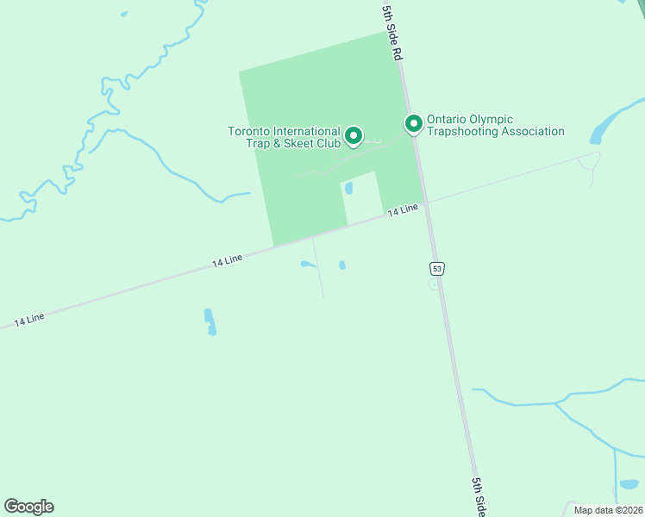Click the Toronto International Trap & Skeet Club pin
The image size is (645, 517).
coord(353,135)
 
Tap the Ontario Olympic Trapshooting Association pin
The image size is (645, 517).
coord(414,124)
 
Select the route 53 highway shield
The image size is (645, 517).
coord(438,269)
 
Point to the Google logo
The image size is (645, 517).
coord(28,507)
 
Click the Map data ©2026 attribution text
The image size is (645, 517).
coord(608,510)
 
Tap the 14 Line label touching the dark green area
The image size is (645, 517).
coord(402,209)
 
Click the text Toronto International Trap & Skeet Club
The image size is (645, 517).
coord(284,136)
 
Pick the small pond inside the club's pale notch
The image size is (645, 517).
coord(349,187)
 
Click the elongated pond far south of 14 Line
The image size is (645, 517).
coord(210,321)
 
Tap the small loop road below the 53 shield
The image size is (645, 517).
coord(434,284)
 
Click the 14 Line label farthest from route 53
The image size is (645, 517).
coord(29,320)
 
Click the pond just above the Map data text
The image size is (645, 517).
coord(628,484)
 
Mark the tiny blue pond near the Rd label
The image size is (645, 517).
coord(124,14)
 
